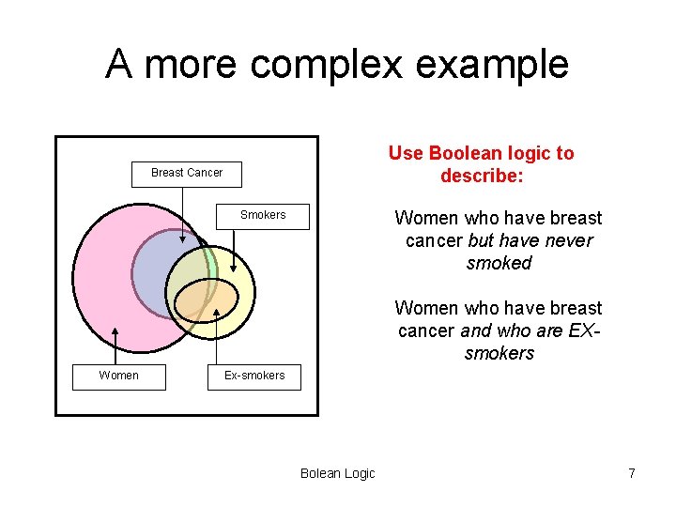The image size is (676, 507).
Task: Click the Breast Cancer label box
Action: click(x=186, y=173)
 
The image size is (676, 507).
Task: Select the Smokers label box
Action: click(x=263, y=215)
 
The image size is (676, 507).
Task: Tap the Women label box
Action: click(x=119, y=376)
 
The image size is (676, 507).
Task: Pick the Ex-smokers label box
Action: click(x=253, y=376)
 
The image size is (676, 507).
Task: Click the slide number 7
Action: click(x=632, y=473)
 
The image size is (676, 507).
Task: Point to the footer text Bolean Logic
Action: click(x=337, y=473)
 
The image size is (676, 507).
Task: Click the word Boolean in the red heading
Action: click(x=460, y=153)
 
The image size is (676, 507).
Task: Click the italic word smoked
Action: click(x=499, y=263)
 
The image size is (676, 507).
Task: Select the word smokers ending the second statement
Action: click(x=499, y=353)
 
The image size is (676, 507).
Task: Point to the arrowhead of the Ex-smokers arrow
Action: click(x=217, y=311)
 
